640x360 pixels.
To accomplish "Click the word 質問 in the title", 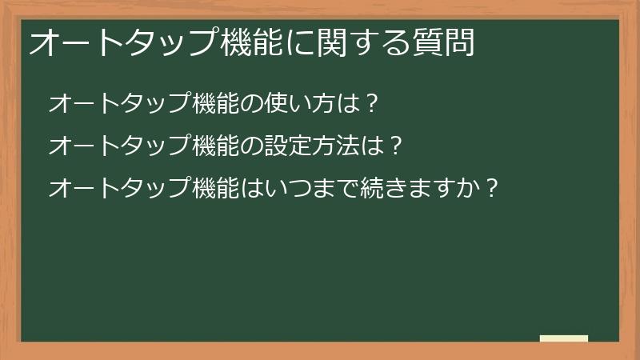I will tap(446, 42).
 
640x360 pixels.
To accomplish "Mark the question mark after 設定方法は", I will tap(391, 146).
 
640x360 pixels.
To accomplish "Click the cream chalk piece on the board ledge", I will tap(564, 338).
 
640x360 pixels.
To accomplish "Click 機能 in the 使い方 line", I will tap(216, 103).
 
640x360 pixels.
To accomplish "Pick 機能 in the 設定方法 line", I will tap(216, 146).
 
